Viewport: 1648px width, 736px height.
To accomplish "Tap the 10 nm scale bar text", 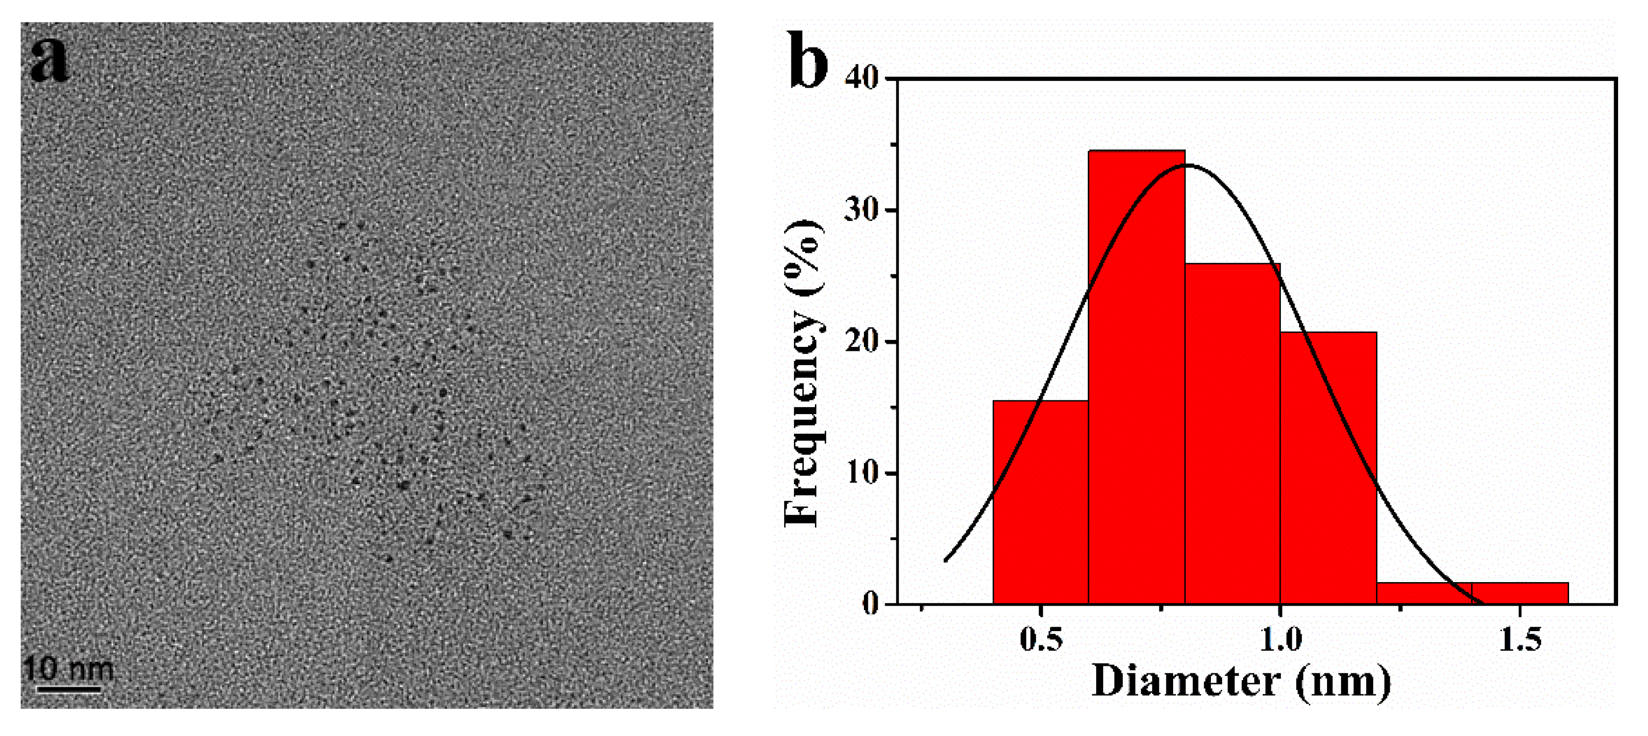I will click(x=69, y=669).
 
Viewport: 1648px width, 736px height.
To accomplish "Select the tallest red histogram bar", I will click(x=1136, y=377).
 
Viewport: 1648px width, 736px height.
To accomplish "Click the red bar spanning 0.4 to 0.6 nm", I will click(x=1040, y=502).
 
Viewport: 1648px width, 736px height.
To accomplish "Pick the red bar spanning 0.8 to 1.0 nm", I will click(x=1232, y=435).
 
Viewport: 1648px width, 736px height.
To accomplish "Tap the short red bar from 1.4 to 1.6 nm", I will click(x=1520, y=593).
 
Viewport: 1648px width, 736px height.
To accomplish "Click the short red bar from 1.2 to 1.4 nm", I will click(x=1424, y=593).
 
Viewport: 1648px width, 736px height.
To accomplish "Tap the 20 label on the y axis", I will click(x=862, y=342).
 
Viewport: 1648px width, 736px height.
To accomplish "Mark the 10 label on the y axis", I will click(x=862, y=473).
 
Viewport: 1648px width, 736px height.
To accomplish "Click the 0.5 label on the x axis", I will click(x=1041, y=639).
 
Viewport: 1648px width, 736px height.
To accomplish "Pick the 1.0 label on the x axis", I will click(x=1280, y=639).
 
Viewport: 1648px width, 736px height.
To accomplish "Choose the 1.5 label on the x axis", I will click(x=1520, y=639).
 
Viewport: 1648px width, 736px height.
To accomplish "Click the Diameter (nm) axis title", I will click(x=1241, y=682).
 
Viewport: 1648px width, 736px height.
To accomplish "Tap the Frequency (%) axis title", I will click(x=802, y=374).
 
